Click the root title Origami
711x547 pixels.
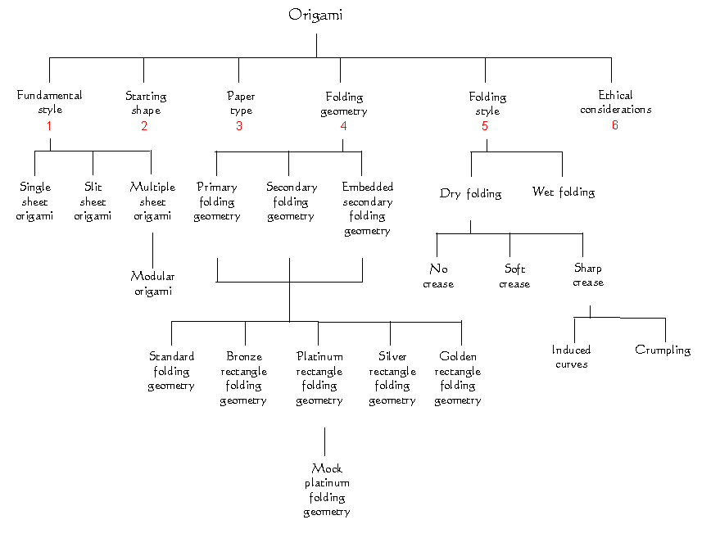pyautogui.click(x=316, y=16)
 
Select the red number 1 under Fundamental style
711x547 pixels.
pyautogui.click(x=49, y=126)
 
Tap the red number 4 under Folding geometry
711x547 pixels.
pyautogui.click(x=343, y=126)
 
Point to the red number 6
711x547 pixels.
pyautogui.click(x=615, y=125)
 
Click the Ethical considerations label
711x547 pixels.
pyautogui.click(x=615, y=102)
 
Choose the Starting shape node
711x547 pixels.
pyautogui.click(x=145, y=103)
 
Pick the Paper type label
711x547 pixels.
pyautogui.click(x=241, y=103)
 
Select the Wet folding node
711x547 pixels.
pyautogui.click(x=563, y=192)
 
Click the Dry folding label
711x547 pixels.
pyautogui.click(x=470, y=194)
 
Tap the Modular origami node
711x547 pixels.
pyautogui.click(x=152, y=284)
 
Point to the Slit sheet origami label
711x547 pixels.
pyautogui.click(x=93, y=201)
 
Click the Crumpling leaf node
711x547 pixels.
pyautogui.click(x=663, y=350)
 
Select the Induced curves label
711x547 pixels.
pyautogui.click(x=571, y=357)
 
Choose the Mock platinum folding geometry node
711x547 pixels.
pyautogui.click(x=326, y=490)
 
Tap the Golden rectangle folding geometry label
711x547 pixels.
pyautogui.click(x=457, y=378)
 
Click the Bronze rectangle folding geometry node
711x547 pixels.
pyautogui.click(x=244, y=378)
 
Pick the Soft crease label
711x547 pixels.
pyautogui.click(x=514, y=277)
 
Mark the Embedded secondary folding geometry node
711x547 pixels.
pyautogui.click(x=367, y=209)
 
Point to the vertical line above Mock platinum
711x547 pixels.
pyautogui.click(x=325, y=441)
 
